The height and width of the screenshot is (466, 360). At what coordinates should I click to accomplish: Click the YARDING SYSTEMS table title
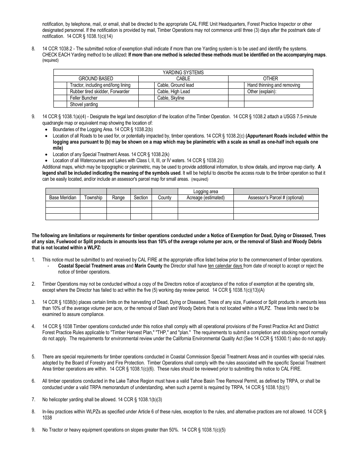(183, 72)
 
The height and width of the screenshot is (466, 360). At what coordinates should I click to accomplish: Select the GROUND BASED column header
(95, 79)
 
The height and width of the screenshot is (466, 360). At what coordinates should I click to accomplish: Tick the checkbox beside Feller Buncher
(60, 98)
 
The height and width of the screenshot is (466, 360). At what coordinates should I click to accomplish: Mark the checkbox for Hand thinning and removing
(236, 85)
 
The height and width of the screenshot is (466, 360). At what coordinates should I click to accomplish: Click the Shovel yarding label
(84, 105)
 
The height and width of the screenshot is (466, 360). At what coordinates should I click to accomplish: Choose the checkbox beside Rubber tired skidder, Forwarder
(60, 92)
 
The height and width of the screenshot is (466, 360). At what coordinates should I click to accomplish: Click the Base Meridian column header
(63, 198)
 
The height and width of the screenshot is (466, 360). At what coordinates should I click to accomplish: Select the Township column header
(93, 198)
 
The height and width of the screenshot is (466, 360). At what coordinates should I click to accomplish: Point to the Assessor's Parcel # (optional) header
(275, 198)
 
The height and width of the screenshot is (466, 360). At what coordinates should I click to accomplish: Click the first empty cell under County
(164, 204)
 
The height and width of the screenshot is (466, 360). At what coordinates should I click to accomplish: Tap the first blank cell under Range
(118, 204)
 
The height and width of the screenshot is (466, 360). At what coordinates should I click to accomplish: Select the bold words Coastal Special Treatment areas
(91, 266)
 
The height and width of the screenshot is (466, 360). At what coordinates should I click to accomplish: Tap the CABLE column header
(183, 79)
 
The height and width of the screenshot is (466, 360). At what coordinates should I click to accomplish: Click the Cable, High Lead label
(174, 92)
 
